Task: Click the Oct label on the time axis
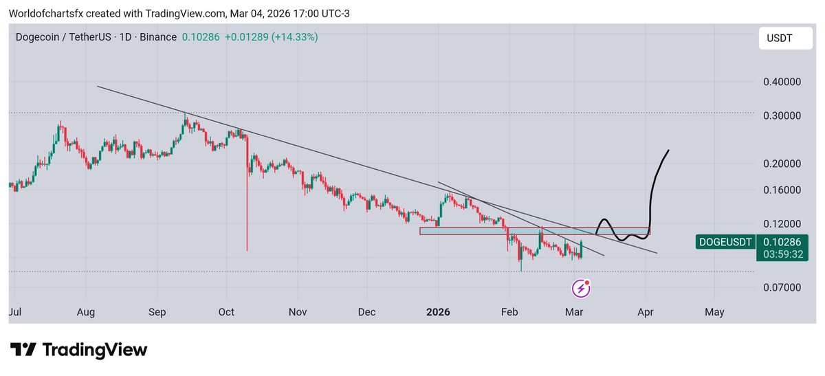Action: coord(227,312)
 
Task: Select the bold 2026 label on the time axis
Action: coord(438,312)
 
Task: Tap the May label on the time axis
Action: coord(714,312)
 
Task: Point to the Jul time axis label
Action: coord(15,312)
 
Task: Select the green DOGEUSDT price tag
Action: coord(726,241)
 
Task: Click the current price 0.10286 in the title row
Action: coord(201,37)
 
